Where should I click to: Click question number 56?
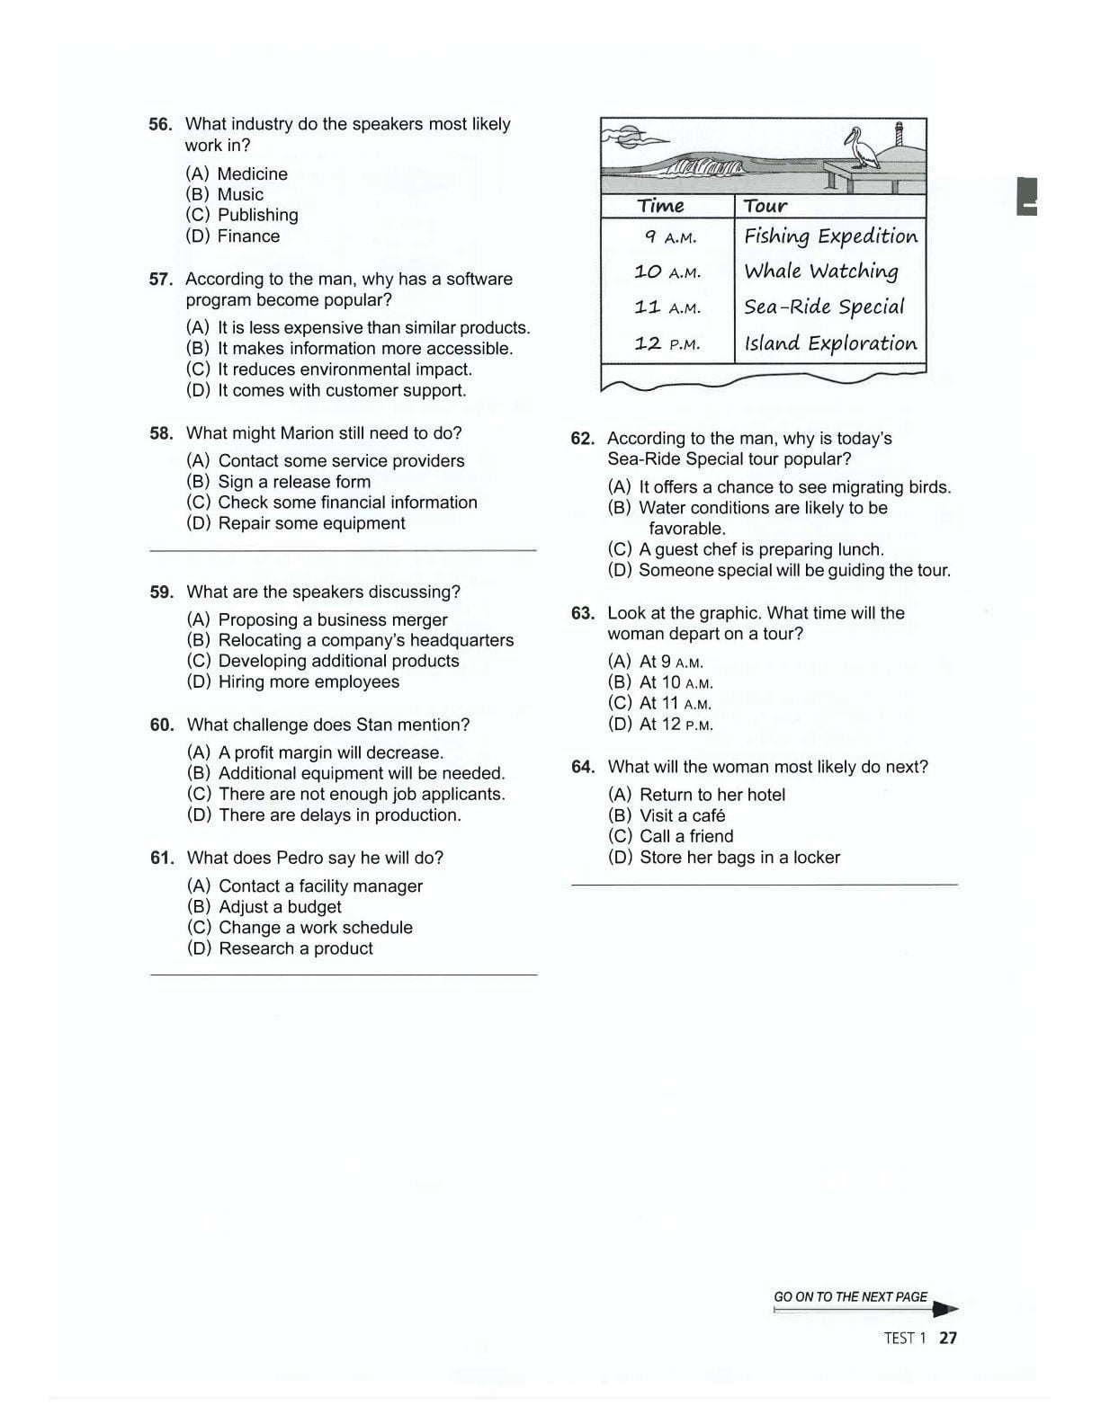(x=160, y=124)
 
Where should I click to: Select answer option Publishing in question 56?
(x=257, y=215)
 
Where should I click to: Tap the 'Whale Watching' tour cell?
(x=820, y=271)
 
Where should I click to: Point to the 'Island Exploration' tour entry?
(x=829, y=343)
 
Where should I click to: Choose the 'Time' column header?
(x=661, y=206)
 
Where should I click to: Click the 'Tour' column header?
(x=765, y=206)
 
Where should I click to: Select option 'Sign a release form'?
(x=293, y=482)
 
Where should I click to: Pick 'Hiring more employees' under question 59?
(x=308, y=682)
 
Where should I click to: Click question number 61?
(x=162, y=858)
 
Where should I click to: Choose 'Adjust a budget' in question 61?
(x=279, y=907)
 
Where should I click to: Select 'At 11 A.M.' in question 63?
(x=675, y=704)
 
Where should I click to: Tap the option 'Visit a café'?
(x=681, y=816)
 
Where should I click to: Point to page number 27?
(x=948, y=1338)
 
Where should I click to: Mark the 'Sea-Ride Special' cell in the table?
(x=824, y=307)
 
